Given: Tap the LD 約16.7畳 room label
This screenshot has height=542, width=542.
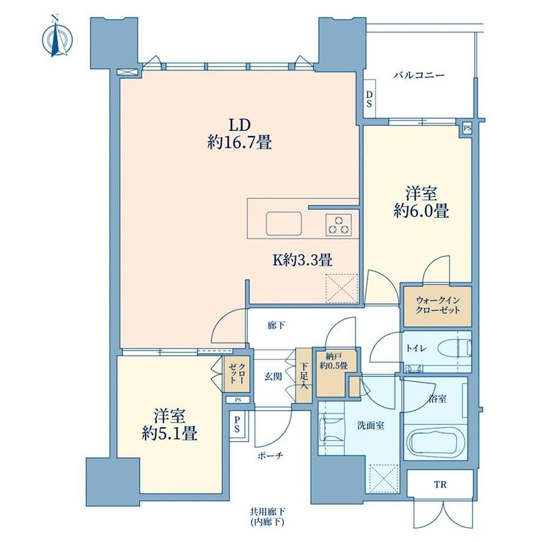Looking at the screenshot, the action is (x=239, y=134).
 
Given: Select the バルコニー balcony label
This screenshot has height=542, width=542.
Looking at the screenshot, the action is (x=418, y=75).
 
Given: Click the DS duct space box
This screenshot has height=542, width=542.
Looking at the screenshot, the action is (x=369, y=98).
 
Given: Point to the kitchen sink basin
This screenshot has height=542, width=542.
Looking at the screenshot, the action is (x=283, y=224).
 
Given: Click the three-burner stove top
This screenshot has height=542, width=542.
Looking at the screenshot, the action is (x=338, y=224).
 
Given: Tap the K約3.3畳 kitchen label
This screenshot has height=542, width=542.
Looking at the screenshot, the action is (x=303, y=260).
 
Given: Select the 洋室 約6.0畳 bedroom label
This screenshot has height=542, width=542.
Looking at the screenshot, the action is (x=421, y=202).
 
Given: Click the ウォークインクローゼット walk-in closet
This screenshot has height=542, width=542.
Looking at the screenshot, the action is (x=437, y=306).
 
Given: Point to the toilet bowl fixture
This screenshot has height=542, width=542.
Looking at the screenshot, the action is (x=453, y=348).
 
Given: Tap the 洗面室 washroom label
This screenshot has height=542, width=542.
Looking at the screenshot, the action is (x=371, y=425).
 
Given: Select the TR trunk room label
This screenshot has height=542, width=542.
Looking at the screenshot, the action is (x=440, y=485).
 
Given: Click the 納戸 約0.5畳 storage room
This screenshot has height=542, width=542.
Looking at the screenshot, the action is (x=333, y=373).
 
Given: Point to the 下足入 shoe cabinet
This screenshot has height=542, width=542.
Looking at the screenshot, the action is (x=304, y=375).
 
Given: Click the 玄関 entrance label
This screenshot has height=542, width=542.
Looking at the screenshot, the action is (x=273, y=376).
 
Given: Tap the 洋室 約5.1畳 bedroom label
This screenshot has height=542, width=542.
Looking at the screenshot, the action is (x=170, y=425).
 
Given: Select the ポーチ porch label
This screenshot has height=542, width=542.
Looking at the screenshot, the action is (x=270, y=456).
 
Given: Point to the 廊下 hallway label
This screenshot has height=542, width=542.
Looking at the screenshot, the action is (x=276, y=325).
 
